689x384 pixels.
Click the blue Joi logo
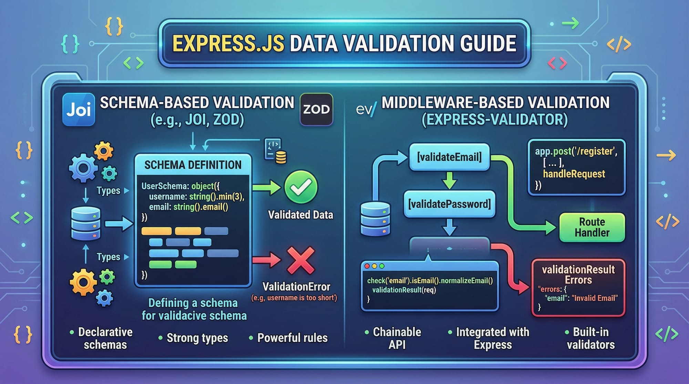coord(79,109)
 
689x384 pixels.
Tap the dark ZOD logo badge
coord(316,109)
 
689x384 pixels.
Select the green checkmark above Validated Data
coord(301,187)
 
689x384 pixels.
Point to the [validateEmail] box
coord(449,157)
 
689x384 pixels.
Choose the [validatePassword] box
coord(449,204)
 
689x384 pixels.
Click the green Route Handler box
coord(592,227)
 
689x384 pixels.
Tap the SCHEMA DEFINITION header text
coord(193,165)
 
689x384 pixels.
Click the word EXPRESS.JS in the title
coord(228,43)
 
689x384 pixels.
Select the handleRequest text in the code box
coord(574,174)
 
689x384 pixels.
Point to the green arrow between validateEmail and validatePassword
coord(449,180)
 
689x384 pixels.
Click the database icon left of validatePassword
coord(375,219)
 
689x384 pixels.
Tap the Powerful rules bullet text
coord(292,338)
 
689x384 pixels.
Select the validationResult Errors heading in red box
coord(578,275)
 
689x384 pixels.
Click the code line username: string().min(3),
coord(197,196)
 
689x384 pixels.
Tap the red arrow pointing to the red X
coord(267,260)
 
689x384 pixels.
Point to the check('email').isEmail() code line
coord(430,280)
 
